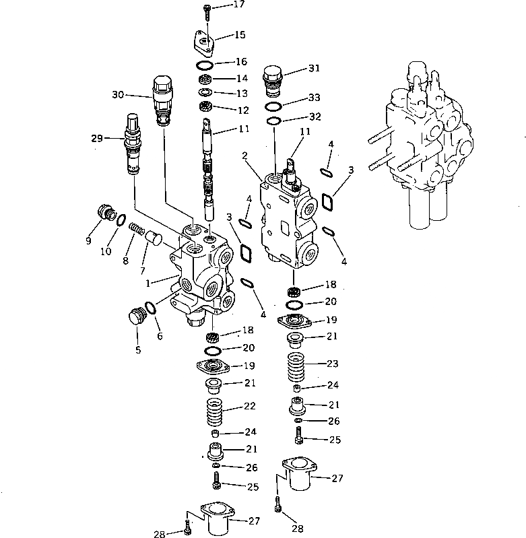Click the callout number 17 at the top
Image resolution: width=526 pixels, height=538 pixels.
point(220,5)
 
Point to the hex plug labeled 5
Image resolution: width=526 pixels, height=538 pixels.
point(137,316)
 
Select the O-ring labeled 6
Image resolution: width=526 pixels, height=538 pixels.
point(152,308)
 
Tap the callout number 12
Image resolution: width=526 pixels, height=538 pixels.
point(240,109)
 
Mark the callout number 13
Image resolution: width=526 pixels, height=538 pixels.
point(240,94)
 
